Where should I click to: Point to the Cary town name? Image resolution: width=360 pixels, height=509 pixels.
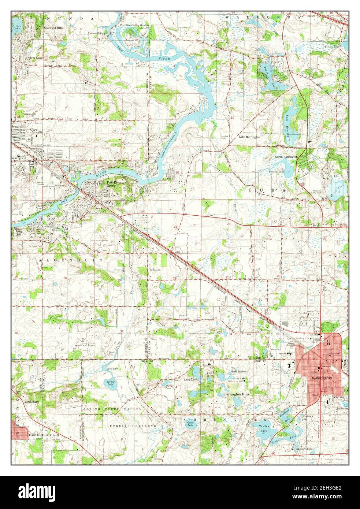tap(34, 130)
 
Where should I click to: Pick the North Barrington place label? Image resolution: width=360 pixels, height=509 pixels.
tap(287, 156)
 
